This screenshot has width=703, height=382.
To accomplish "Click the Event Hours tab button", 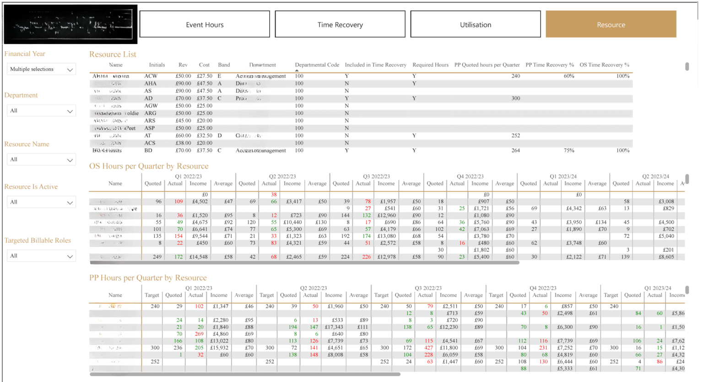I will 205,25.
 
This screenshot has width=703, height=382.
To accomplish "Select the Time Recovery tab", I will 340,25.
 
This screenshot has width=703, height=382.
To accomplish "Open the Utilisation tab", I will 476,25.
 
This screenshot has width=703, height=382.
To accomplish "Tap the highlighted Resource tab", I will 611,25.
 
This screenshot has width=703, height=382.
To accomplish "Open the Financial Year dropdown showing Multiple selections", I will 41,69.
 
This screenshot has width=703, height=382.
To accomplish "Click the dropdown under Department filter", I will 41,111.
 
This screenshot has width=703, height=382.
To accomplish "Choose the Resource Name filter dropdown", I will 41,160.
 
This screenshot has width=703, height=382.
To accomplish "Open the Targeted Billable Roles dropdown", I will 41,256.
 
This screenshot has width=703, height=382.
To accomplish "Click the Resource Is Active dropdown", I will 41,202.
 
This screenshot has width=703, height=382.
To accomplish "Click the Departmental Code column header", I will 317,65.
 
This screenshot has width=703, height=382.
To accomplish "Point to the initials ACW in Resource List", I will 151,76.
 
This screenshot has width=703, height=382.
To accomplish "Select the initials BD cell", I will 148,151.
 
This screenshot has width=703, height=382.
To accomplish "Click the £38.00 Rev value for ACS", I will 183,143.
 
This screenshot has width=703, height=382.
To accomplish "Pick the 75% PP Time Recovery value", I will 569,151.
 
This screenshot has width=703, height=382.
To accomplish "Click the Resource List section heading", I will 113,55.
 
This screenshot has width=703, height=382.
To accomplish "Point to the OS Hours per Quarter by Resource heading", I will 149,166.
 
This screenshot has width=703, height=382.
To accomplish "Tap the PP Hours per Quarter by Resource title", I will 148,278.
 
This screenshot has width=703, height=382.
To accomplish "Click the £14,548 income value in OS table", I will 199,257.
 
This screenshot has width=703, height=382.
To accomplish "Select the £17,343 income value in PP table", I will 333,327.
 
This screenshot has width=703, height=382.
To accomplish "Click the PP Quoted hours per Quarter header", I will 487,65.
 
